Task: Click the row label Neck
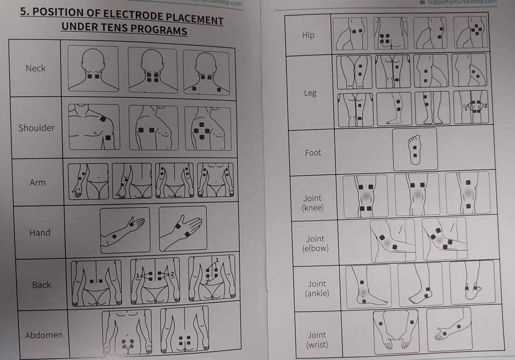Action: [36, 68]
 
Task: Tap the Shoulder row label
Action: [36, 128]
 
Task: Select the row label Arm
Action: [38, 182]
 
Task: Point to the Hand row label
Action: [40, 233]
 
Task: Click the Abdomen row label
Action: [44, 335]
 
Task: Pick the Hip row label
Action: [308, 35]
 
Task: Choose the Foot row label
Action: [313, 153]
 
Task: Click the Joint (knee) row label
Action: [312, 203]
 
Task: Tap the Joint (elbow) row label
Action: [315, 243]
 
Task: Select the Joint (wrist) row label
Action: [317, 340]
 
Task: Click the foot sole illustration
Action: [415, 149]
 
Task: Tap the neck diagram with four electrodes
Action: [153, 70]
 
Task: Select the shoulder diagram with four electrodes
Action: [208, 128]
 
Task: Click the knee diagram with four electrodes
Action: [365, 196]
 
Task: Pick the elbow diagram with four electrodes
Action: [444, 239]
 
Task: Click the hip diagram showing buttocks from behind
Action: [390, 34]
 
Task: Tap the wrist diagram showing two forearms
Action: [396, 331]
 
